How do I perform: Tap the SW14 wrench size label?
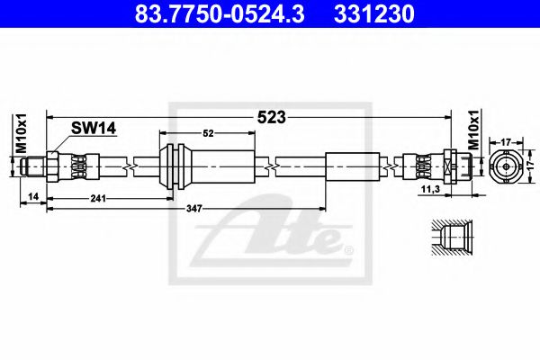click(x=95, y=130)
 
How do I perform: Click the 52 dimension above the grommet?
click(x=208, y=133)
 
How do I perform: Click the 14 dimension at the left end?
click(x=32, y=195)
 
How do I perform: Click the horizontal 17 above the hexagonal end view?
click(x=507, y=140)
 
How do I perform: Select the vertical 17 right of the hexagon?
click(x=531, y=166)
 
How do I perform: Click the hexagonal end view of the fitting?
click(x=507, y=166)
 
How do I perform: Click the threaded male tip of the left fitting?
click(x=33, y=166)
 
